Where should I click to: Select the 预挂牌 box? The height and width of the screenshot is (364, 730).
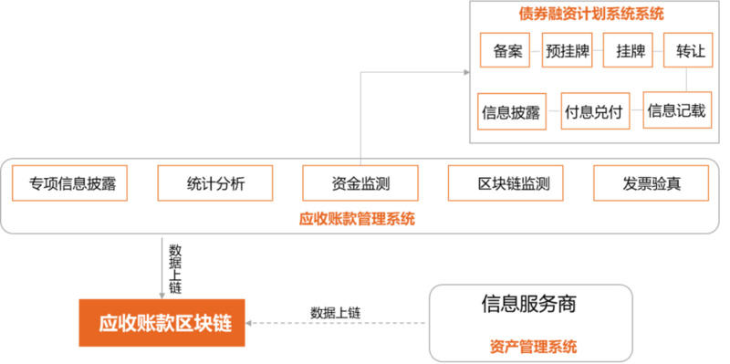coord(568,51)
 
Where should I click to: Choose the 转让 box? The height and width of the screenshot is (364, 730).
coord(690,51)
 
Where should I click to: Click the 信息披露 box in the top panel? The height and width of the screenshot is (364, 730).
coord(511,111)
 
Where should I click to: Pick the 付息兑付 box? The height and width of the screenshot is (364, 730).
coord(593,111)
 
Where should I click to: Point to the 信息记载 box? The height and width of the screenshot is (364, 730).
coord(676,110)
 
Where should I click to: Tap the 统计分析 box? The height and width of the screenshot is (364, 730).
coord(214,183)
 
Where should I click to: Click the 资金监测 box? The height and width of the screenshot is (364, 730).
coord(360,183)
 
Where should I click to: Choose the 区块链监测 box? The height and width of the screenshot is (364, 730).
coord(506,183)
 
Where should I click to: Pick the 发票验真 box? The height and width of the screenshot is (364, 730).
coord(651,183)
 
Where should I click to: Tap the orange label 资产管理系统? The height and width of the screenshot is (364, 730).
coord(529,347)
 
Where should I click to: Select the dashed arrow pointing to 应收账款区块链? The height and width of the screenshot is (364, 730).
coord(338,324)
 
